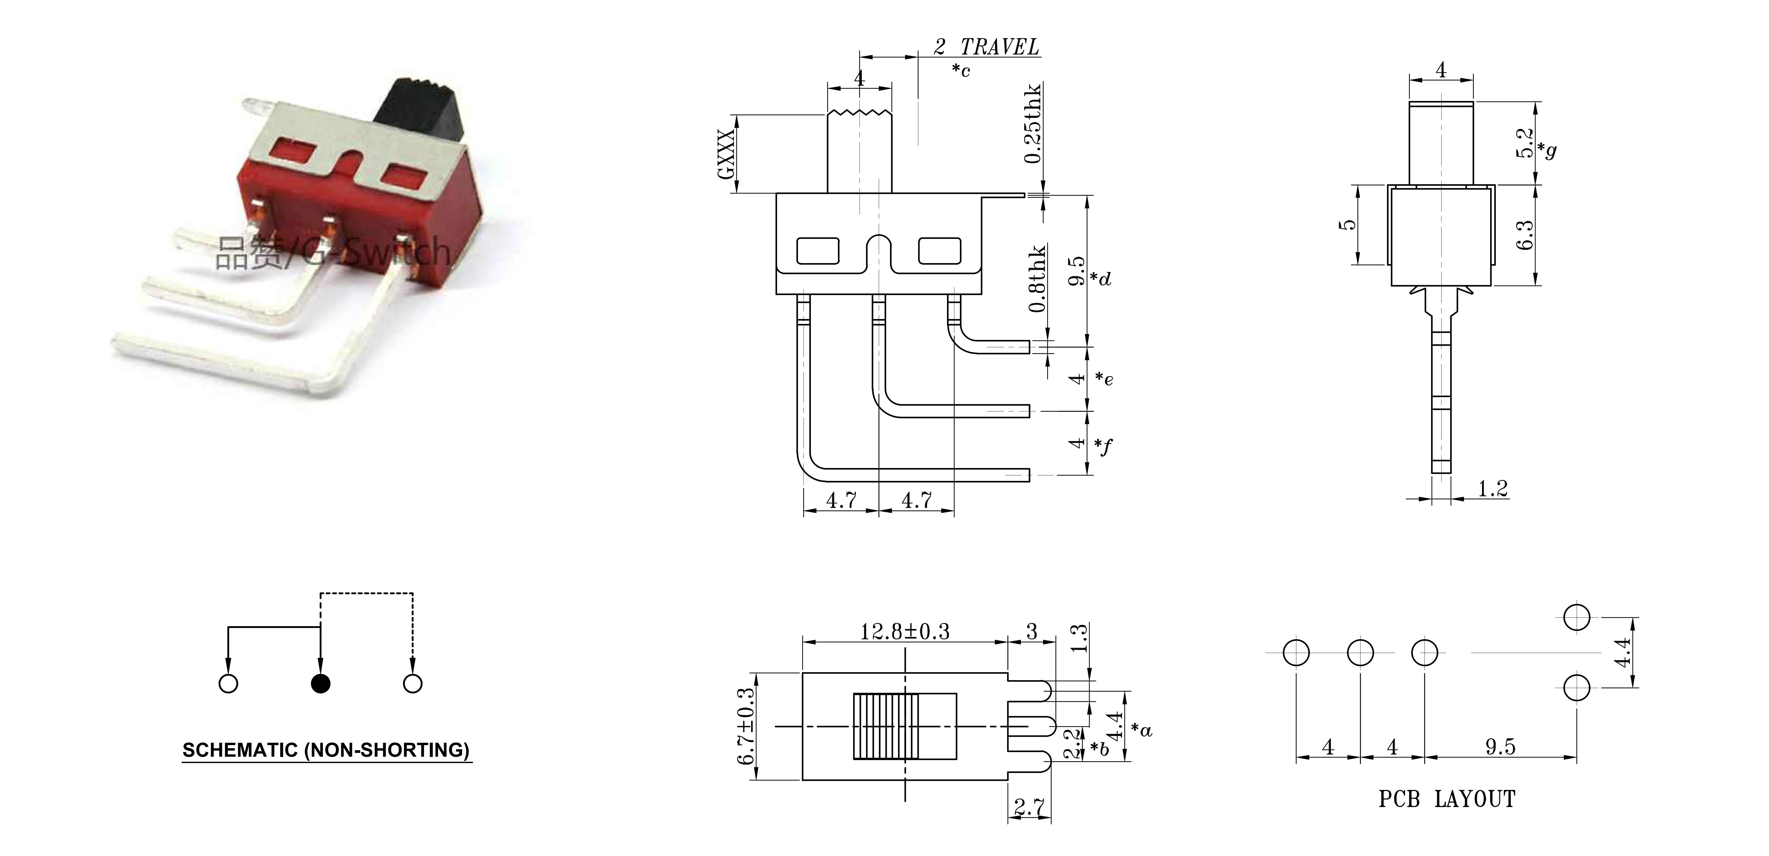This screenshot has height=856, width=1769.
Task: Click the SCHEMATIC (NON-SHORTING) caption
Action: [326, 750]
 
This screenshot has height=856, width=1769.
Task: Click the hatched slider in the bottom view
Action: [886, 726]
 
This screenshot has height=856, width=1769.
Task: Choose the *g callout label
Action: [1547, 150]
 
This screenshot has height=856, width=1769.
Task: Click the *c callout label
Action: [961, 70]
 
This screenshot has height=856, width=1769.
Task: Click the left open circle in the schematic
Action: [228, 684]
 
